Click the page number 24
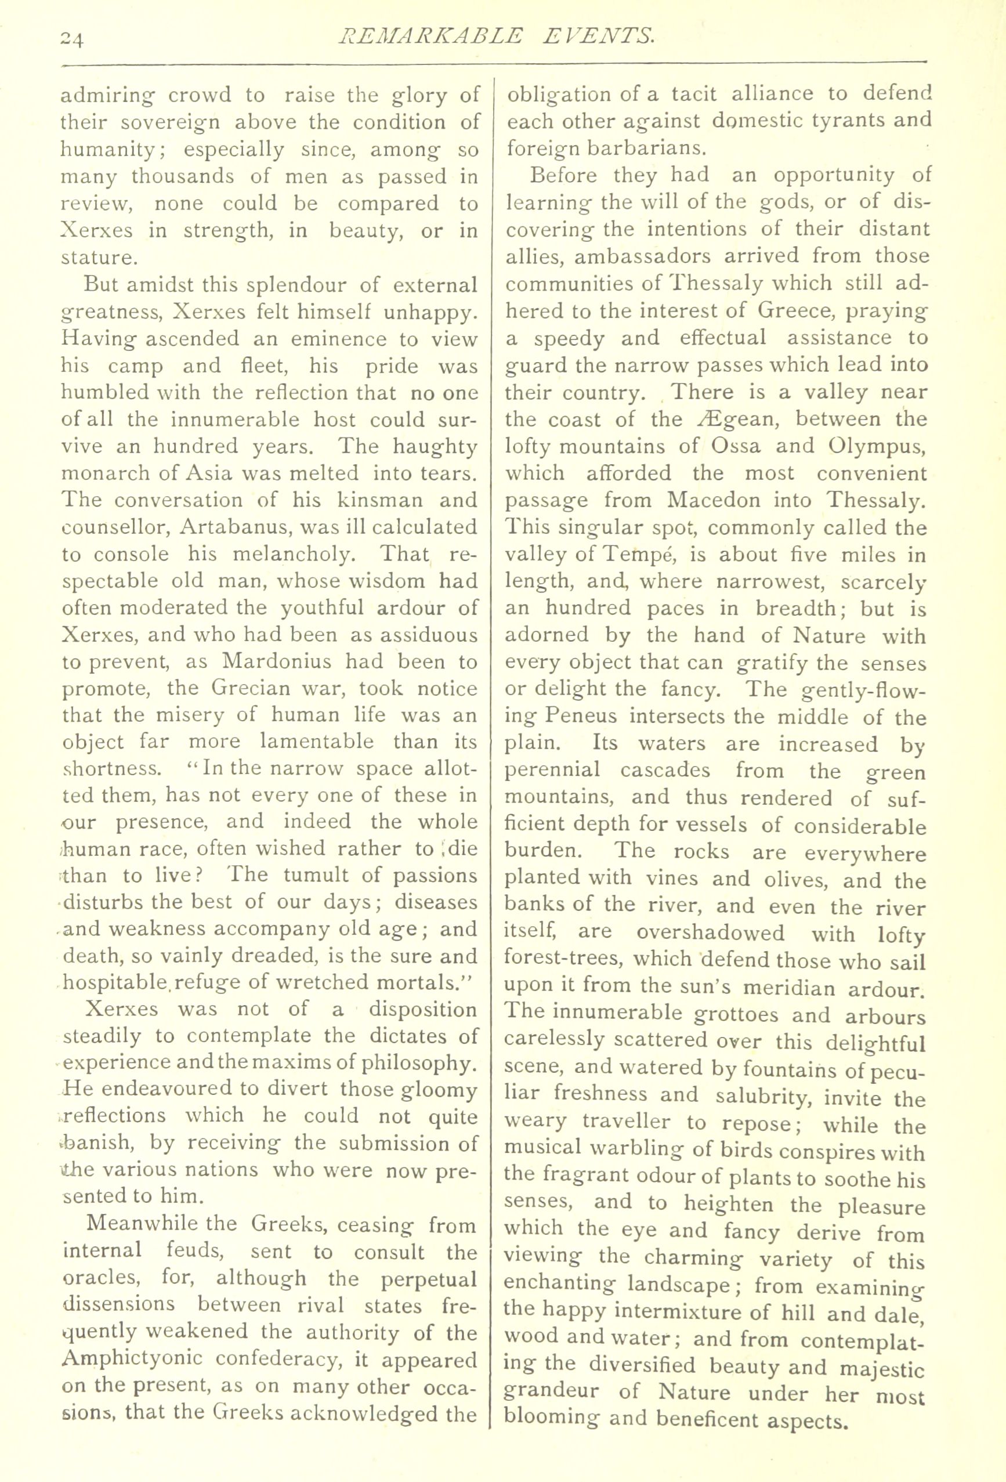[x=70, y=39]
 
